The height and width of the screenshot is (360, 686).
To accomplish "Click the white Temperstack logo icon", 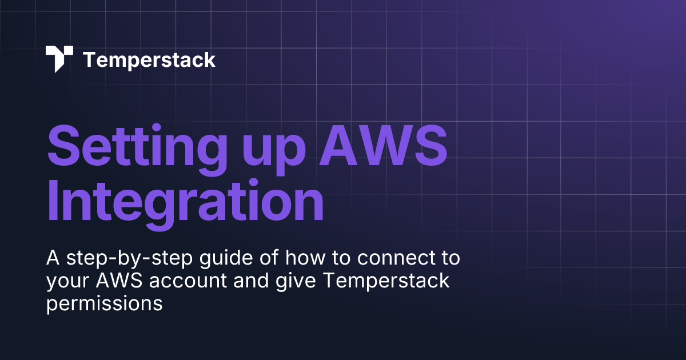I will point(59,59).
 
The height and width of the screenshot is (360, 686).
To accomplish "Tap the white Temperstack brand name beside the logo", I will point(149,59).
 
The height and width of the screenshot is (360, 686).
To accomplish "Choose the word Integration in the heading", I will point(185,201).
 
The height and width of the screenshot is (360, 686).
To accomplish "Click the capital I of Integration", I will point(54,201).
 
